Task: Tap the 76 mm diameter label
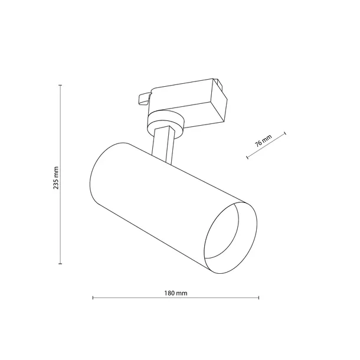(264, 142)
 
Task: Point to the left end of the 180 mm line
(93, 298)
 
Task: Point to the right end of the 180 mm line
(258, 298)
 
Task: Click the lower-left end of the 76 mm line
(247, 158)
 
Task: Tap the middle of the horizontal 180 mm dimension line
(176, 298)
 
